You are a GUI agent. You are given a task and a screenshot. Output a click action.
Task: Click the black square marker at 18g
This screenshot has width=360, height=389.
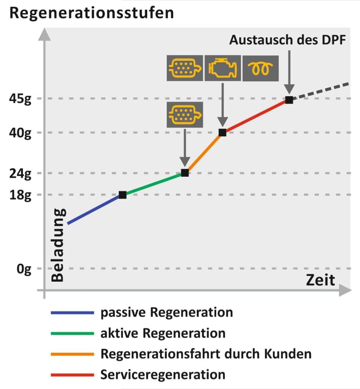122,195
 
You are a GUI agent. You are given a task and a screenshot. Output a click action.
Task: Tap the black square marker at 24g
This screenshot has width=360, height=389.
185,173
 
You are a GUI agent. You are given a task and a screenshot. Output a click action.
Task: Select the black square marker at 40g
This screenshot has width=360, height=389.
222,132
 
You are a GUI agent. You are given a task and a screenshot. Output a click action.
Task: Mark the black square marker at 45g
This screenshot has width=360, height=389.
289,100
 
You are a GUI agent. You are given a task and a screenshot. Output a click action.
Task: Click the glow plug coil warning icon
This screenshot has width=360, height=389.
260,68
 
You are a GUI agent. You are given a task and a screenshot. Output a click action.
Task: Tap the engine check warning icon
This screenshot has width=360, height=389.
223,68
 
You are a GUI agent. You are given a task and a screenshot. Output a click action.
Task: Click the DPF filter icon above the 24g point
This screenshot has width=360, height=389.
185,115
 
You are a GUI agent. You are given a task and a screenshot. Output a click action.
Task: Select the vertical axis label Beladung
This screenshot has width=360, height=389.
58,245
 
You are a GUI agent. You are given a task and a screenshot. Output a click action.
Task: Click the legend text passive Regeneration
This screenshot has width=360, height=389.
167,312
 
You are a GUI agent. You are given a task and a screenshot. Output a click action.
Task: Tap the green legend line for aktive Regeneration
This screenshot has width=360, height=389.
72,333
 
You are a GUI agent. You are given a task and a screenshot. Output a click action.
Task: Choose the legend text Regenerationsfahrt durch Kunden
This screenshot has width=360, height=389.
206,354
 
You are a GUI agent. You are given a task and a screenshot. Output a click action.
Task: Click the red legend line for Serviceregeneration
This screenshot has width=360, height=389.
72,374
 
